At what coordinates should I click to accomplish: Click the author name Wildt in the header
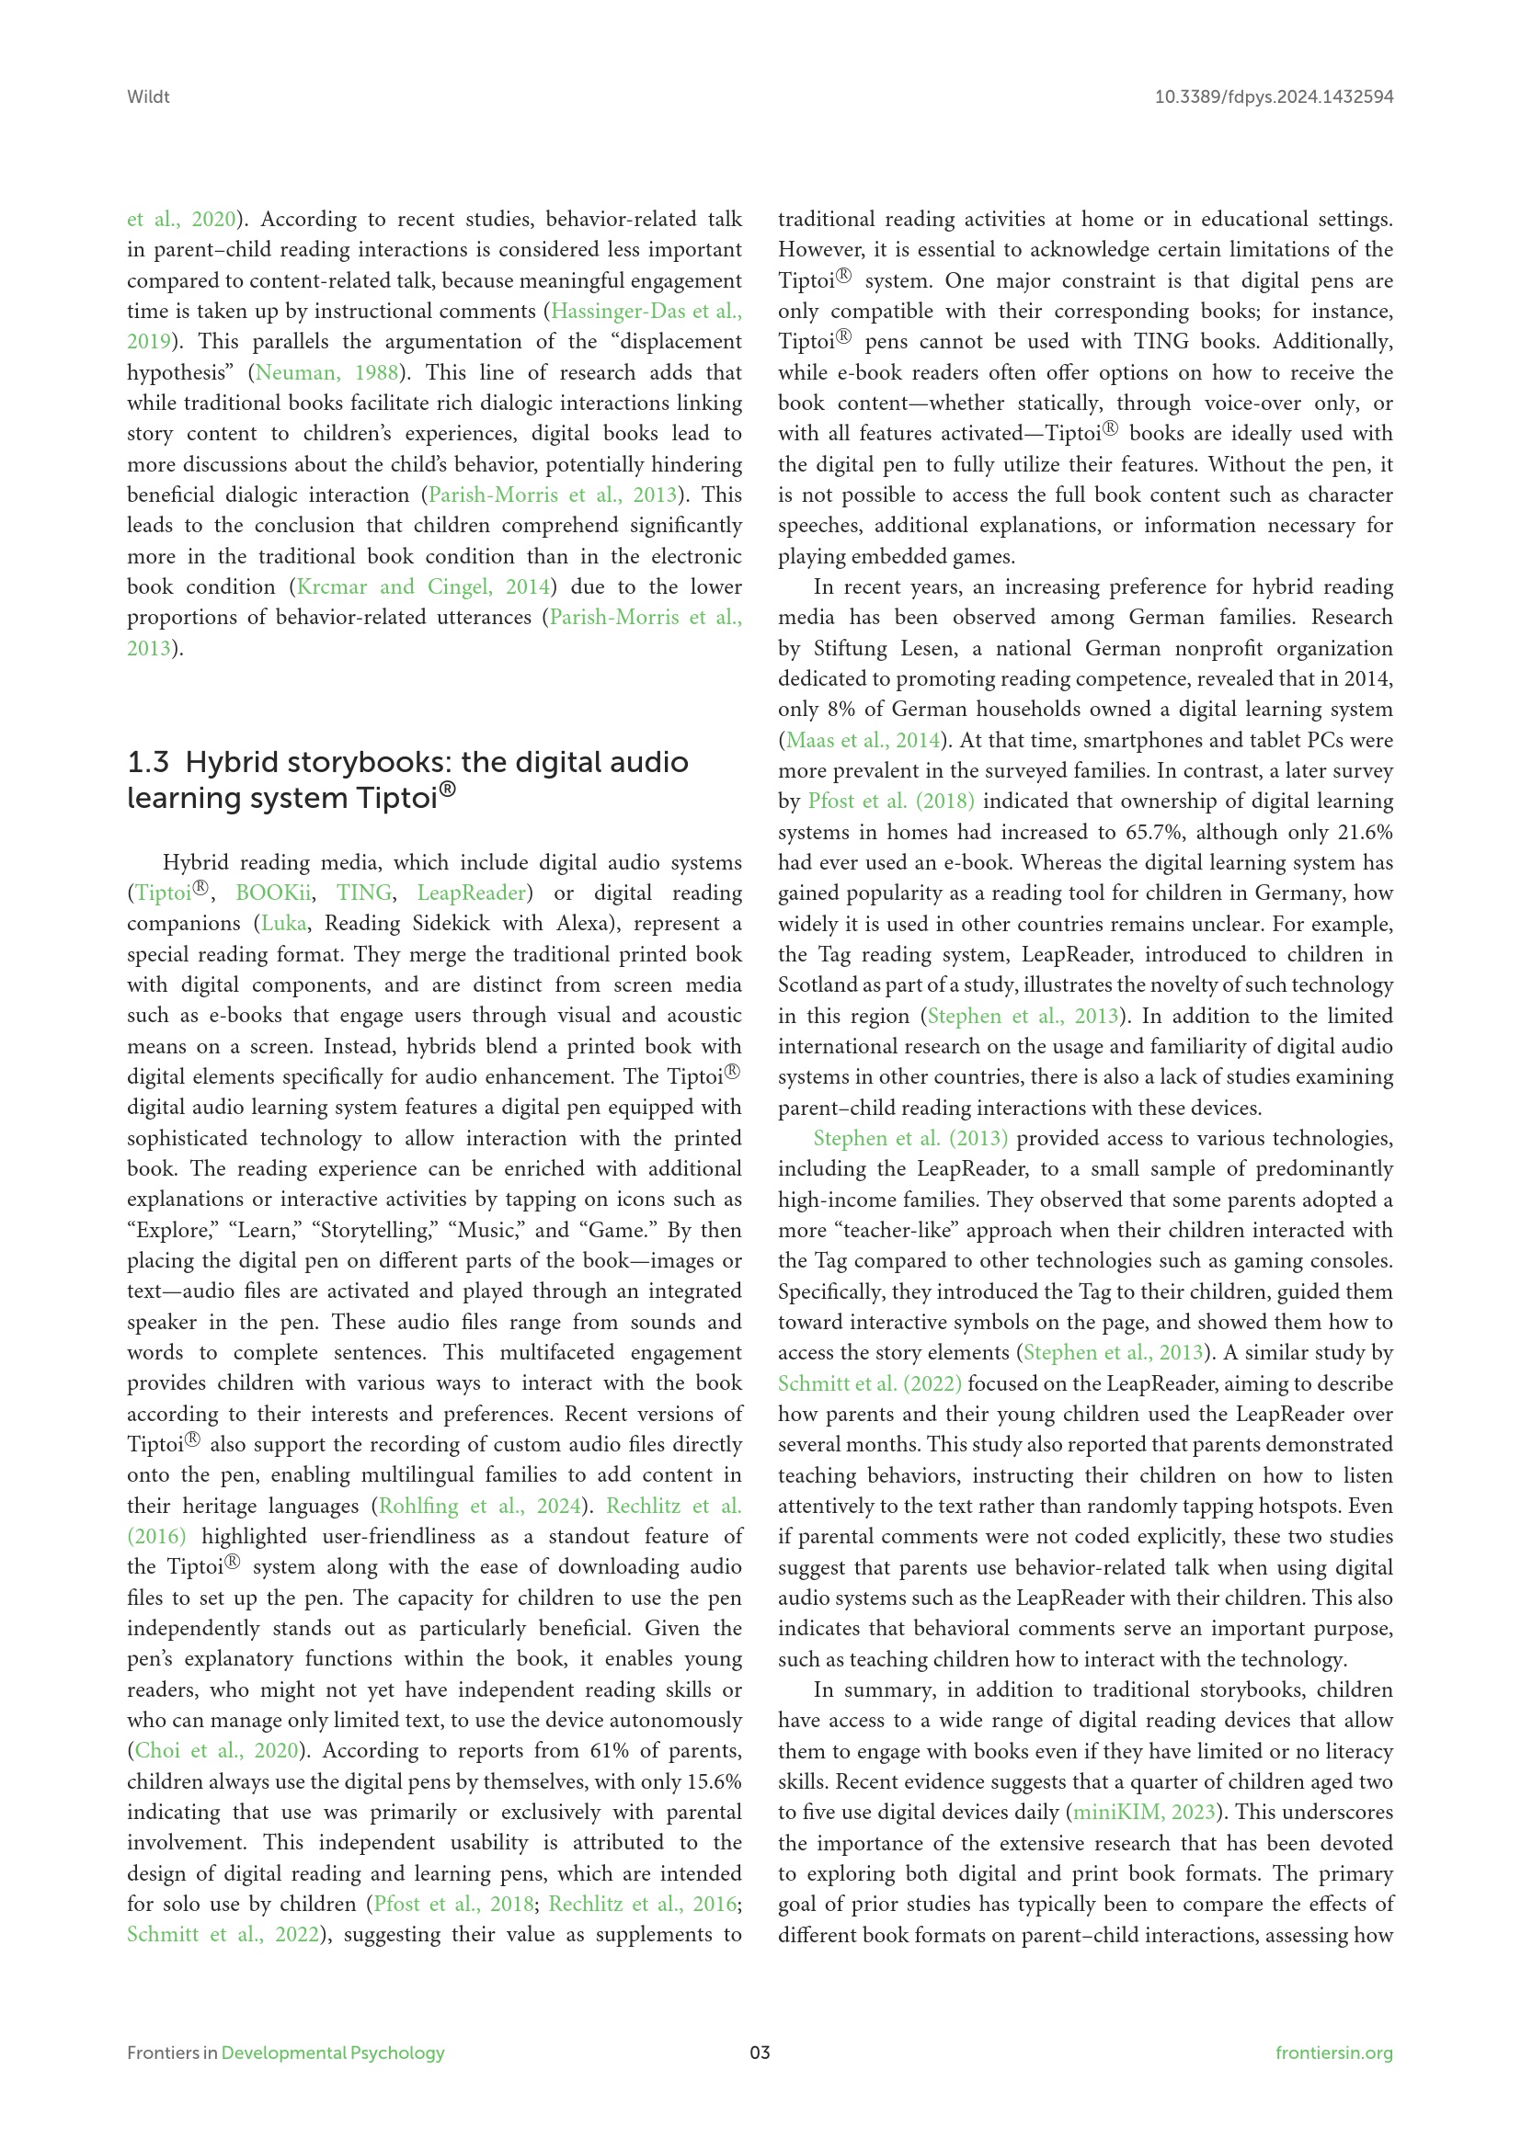148,97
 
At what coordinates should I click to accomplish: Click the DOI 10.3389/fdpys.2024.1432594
1273,97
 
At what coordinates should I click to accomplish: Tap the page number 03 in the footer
760,2053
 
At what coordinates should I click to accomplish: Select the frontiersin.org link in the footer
1333,2053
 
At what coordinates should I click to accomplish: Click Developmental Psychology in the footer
333,2053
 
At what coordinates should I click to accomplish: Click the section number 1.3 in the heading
148,762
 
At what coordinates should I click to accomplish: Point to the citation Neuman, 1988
326,372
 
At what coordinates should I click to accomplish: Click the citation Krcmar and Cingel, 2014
422,587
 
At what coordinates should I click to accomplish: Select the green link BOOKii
272,893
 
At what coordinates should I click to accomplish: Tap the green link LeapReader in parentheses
471,893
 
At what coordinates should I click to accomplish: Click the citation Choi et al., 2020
216,1750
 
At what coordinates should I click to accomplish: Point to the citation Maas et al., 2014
863,740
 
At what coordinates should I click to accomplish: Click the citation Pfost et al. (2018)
891,802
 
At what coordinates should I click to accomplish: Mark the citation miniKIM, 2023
1144,1812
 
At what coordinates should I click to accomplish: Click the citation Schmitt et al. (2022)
869,1384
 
